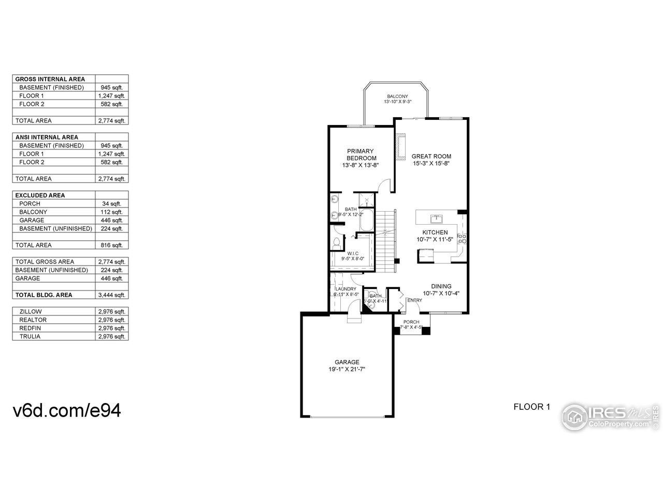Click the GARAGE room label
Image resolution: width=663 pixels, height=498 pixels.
tap(347, 362)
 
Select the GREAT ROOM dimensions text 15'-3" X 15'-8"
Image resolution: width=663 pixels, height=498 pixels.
tap(431, 163)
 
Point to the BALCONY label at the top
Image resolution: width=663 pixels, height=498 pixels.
tap(397, 96)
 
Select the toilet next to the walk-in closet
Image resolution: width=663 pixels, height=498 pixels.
tap(337, 242)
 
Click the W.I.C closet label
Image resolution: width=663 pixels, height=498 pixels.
tap(353, 253)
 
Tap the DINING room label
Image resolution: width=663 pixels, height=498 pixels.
tap(441, 286)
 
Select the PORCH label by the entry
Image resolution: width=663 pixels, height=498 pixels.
tap(411, 322)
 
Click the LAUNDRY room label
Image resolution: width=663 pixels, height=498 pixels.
tap(346, 289)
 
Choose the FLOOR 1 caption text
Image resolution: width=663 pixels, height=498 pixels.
tap(531, 407)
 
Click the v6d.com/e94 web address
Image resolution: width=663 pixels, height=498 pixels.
tap(67, 410)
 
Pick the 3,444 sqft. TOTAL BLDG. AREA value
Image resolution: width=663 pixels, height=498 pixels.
tap(112, 295)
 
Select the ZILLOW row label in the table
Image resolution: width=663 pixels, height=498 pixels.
tap(31, 312)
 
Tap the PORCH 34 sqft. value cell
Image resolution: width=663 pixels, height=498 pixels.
tap(112, 204)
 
